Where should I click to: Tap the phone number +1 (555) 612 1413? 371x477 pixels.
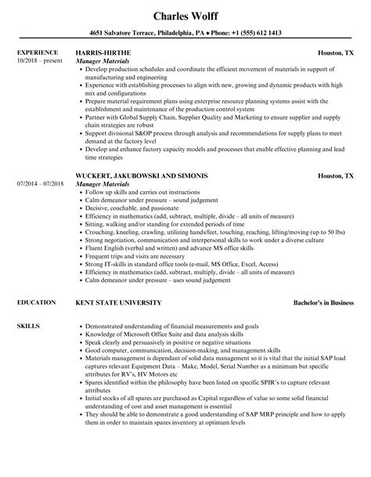(x=262, y=33)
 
